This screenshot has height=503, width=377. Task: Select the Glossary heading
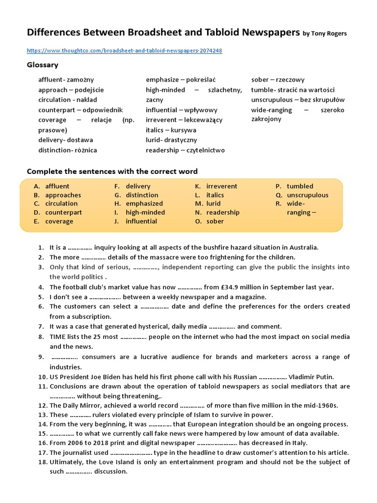pos(42,65)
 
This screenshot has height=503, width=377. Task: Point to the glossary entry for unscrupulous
pos(298,100)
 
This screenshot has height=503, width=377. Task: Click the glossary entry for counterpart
pos(81,110)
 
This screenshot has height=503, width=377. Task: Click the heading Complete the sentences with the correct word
pos(112,171)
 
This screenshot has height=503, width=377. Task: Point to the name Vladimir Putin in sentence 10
pos(311,377)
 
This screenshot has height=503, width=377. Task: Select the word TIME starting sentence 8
pos(58,336)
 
